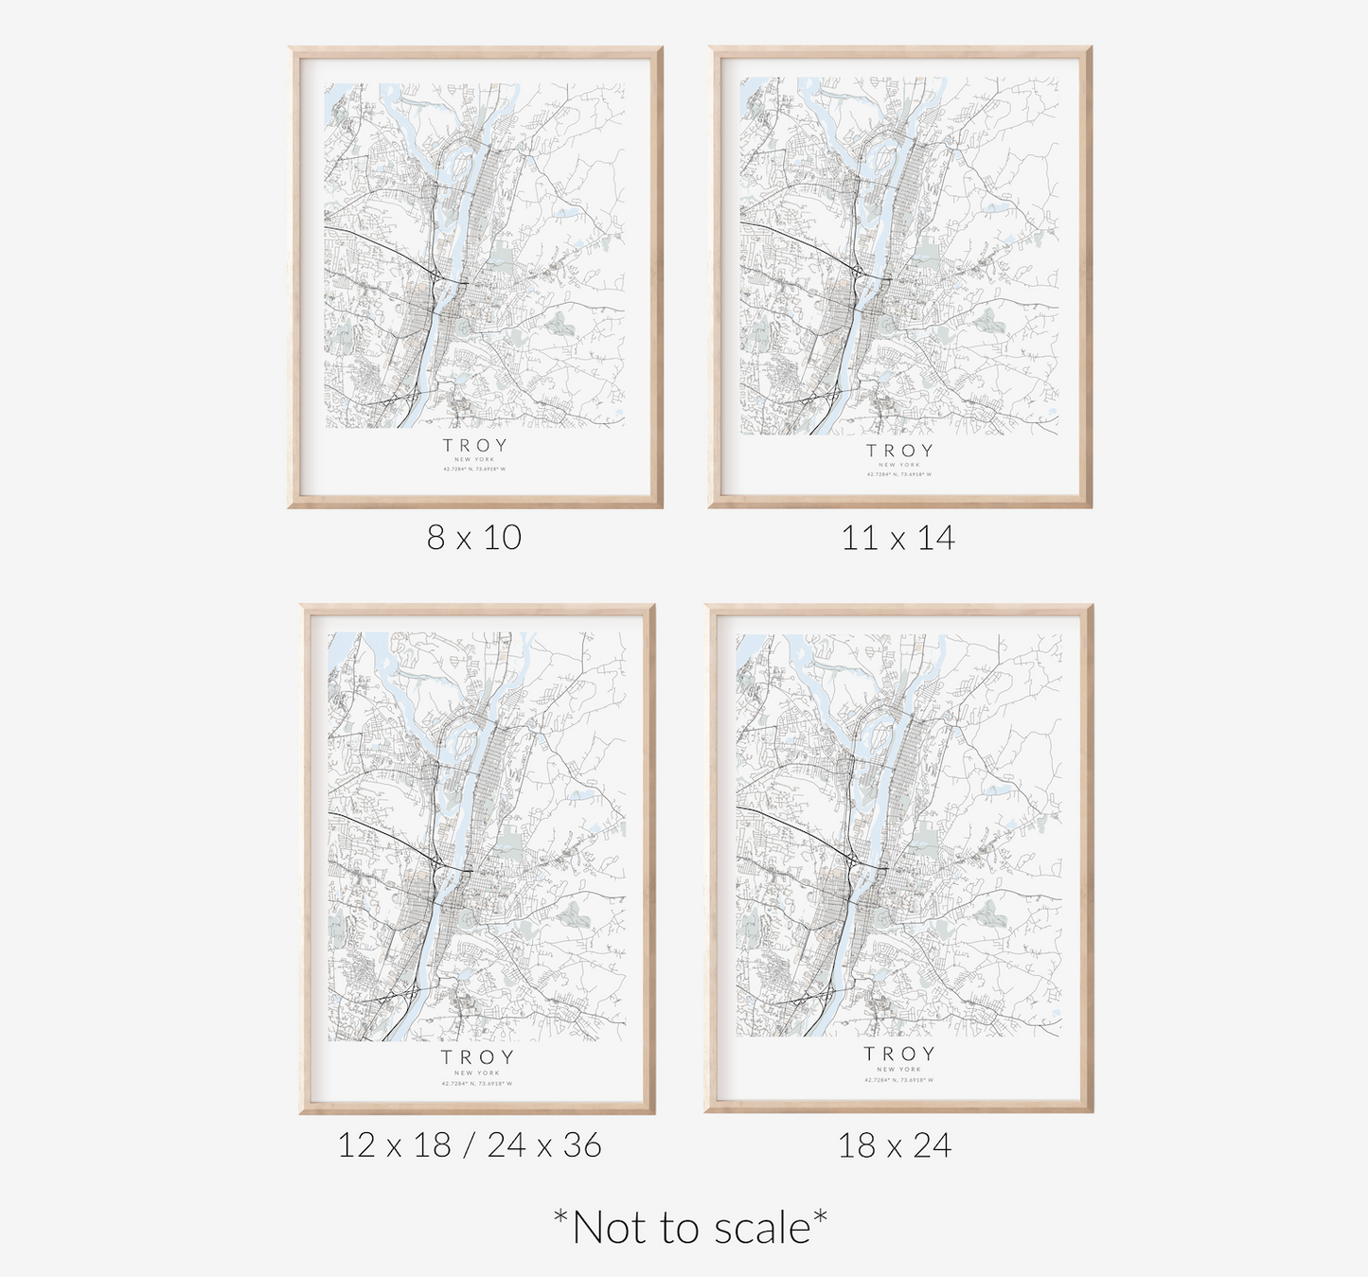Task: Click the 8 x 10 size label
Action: coord(474,538)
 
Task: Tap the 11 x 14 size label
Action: coord(898,538)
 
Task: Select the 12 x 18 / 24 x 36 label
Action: coord(470,1144)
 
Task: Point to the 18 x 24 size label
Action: coord(895,1145)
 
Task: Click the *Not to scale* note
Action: coord(690,1228)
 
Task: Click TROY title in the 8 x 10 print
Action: coord(475,445)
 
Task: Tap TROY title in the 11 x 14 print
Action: coord(899,451)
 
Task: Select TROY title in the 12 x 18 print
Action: coord(477,1056)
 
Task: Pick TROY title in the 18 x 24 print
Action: coord(899,1054)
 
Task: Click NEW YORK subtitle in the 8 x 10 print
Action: coord(475,459)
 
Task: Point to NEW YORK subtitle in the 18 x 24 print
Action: coord(899,1070)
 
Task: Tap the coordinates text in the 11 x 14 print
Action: coord(899,474)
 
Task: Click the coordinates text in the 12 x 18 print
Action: coord(477,1083)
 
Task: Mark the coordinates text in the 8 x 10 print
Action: coord(475,469)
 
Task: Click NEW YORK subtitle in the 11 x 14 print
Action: coord(899,465)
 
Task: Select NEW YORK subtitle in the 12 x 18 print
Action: coord(477,1073)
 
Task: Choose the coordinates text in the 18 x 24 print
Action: coord(899,1079)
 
